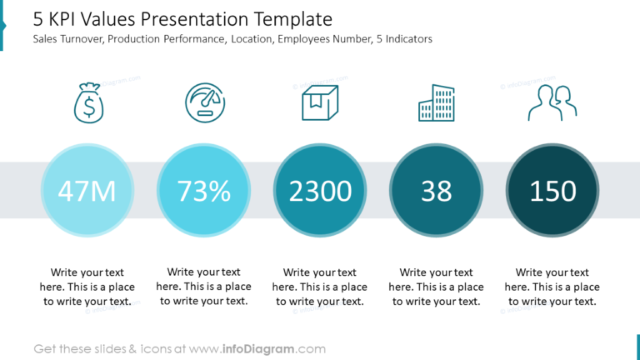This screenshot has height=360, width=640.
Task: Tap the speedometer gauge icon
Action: click(204, 103)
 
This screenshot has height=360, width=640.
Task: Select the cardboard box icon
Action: click(320, 103)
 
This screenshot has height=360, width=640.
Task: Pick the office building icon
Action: click(437, 103)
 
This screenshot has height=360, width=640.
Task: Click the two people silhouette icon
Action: click(552, 103)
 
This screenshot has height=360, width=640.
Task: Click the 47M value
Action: click(87, 191)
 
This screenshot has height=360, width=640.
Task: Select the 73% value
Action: click(204, 191)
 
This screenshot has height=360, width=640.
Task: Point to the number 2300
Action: click(320, 191)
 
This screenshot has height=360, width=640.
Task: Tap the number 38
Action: click(437, 191)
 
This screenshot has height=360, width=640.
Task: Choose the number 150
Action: click(552, 191)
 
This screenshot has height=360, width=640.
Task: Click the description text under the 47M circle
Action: click(87, 287)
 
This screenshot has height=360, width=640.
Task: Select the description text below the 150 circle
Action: click(552, 287)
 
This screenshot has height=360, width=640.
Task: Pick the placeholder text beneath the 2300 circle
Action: click(320, 287)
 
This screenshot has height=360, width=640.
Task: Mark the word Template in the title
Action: click(300, 19)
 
